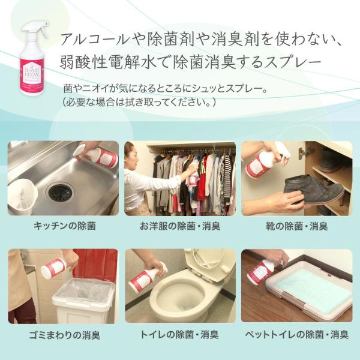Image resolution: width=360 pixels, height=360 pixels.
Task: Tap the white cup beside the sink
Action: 22,196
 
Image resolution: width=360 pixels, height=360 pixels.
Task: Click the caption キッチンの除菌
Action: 65,226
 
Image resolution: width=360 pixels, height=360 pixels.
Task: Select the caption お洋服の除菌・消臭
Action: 180,226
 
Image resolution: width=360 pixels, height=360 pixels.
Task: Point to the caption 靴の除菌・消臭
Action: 296,226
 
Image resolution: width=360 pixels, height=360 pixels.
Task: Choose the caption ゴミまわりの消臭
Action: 65,335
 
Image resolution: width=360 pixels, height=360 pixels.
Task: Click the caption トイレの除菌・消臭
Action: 179,334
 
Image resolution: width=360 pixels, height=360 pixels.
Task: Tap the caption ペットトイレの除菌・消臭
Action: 296,334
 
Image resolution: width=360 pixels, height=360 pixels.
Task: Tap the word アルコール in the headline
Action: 95,39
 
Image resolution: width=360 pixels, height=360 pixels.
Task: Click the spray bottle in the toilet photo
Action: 146,277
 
